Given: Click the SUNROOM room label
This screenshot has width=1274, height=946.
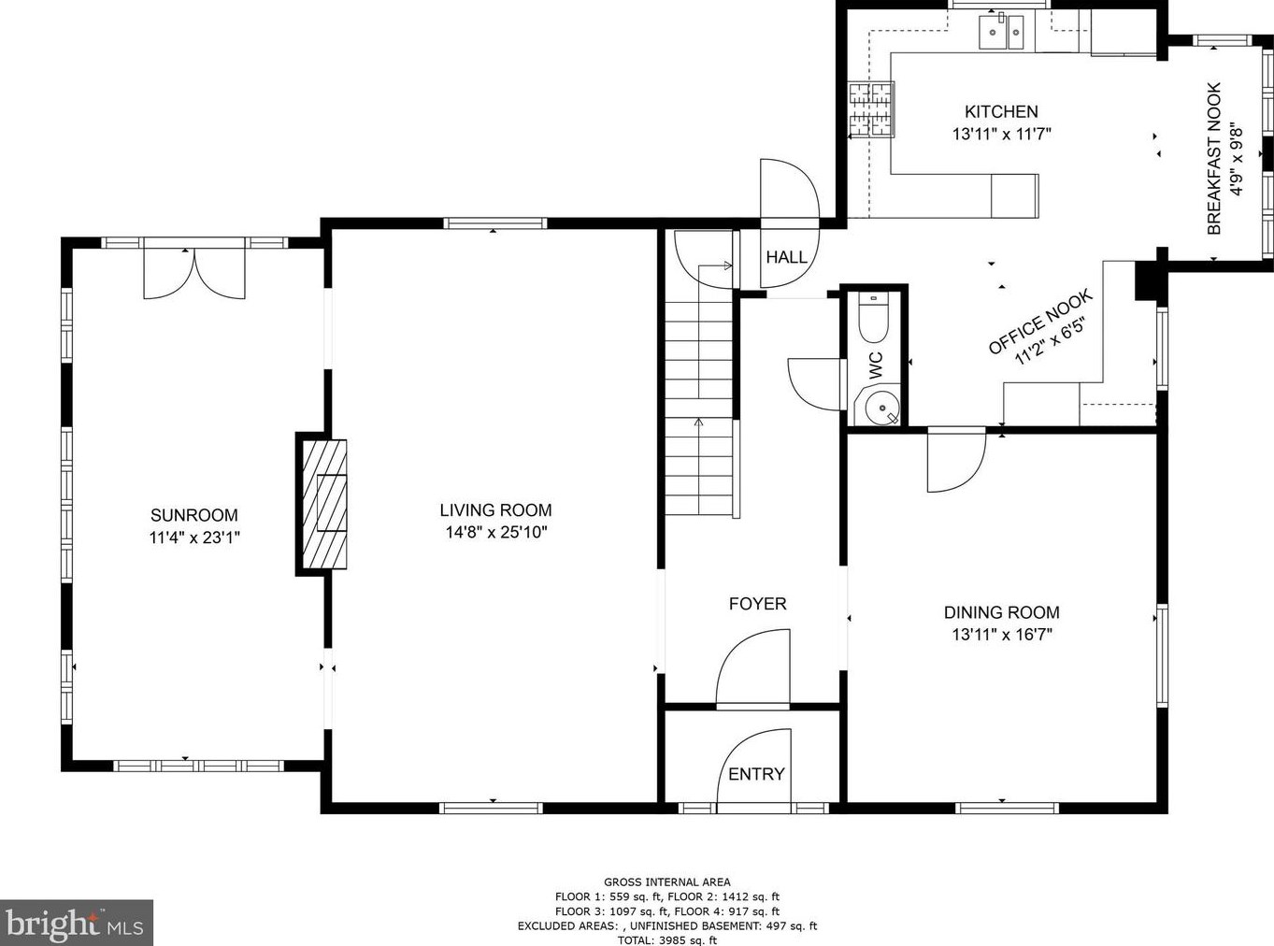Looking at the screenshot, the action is pos(194,515).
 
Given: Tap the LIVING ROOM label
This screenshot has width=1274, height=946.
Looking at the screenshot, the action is pos(495,510).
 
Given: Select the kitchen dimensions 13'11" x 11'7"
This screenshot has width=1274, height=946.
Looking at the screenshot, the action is pos(1002,135).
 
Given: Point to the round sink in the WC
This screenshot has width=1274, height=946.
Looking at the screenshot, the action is pos(881,408).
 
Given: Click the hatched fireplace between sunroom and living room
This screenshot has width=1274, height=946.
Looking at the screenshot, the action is pos(324,504).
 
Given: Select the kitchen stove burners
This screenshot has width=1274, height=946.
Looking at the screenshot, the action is pos(871,109).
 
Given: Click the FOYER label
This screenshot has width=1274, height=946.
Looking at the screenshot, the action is pos(758,604).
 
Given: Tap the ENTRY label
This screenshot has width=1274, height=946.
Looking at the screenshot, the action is pos(756,774).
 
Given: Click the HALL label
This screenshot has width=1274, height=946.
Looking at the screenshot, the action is pos(786,257).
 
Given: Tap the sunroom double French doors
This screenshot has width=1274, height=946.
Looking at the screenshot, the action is pos(194,273).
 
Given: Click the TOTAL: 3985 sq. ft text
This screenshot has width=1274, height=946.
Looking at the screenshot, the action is pos(666,940).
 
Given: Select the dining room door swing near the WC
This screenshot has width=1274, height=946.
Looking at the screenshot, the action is pos(956,460).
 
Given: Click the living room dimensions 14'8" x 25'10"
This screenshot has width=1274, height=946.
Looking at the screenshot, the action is pos(495,533).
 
